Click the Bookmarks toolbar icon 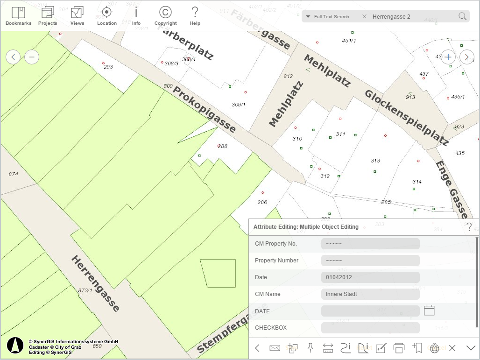click(18, 13)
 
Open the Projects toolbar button click(48, 13)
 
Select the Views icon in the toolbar click(77, 13)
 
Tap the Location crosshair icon click(106, 13)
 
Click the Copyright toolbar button click(165, 13)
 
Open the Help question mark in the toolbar click(195, 13)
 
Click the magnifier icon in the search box click(462, 16)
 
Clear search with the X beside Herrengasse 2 click(364, 16)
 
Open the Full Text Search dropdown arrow click(308, 17)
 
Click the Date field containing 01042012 click(370, 277)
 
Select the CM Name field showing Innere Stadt click(370, 294)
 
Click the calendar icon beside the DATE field click(429, 310)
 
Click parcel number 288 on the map click(223, 146)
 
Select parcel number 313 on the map click(375, 161)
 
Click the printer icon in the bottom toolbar click(399, 348)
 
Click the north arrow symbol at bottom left click(15, 345)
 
